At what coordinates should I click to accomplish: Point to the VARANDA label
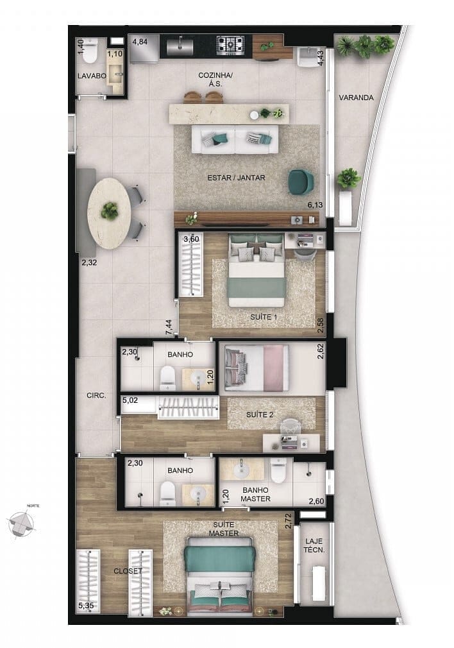(x=356, y=98)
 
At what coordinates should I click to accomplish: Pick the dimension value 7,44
(x=169, y=327)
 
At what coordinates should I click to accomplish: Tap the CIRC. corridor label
(x=96, y=396)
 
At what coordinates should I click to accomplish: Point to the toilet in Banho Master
(x=278, y=473)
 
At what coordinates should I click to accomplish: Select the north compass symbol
(x=23, y=523)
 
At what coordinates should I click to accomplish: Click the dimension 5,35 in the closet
(x=87, y=604)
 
